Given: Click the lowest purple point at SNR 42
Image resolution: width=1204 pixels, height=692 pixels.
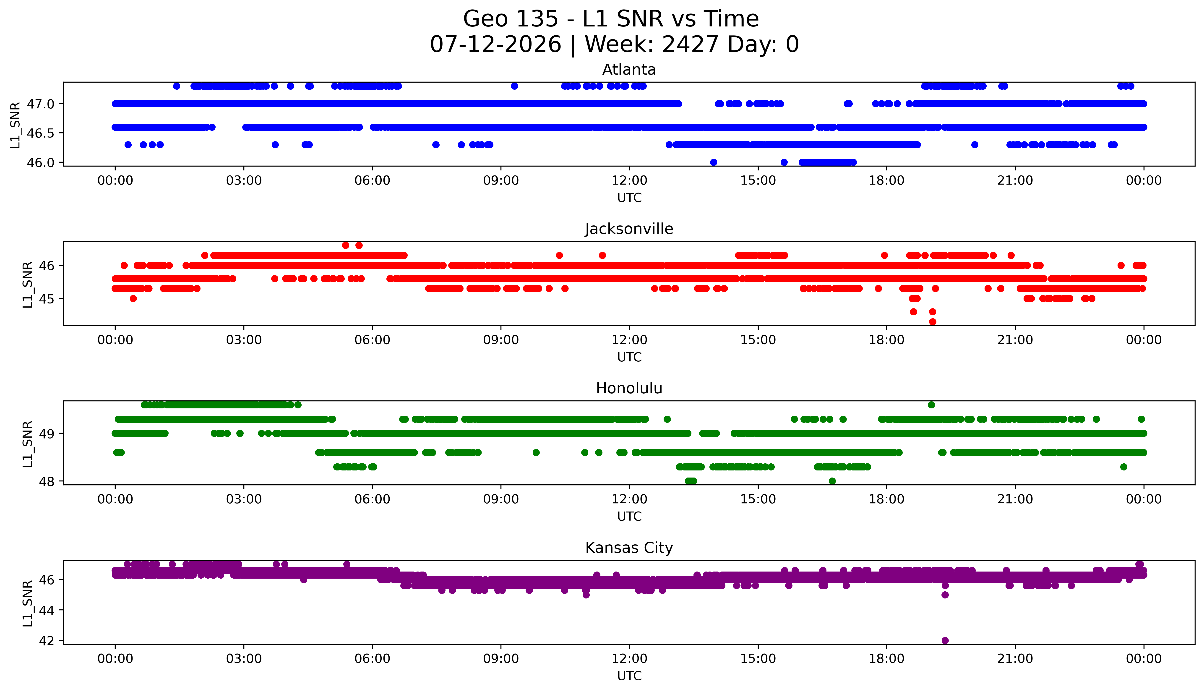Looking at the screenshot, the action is (945, 640).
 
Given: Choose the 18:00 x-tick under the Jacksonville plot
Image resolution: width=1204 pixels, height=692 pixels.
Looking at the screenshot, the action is (887, 340).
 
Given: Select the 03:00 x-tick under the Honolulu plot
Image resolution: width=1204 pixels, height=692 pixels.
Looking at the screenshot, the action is (244, 499).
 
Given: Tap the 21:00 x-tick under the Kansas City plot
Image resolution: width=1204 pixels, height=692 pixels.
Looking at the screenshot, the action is (1015, 659).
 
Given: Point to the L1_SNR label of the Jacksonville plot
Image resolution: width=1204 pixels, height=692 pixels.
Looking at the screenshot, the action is (28, 284).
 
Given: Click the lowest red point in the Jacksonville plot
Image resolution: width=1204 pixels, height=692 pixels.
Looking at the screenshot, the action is (933, 322).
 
